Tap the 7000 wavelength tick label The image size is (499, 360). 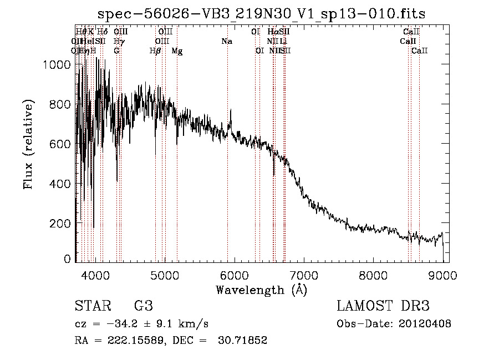tap(303, 274)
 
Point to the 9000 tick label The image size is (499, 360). tap(442, 274)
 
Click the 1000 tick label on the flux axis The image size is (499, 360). tap(55, 65)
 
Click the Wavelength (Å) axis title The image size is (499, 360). tap(261, 290)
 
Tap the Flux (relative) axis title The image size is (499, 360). tap(27, 144)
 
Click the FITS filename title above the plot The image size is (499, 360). tap(261, 13)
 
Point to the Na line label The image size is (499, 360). tap(226, 41)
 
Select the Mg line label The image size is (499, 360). tap(177, 51)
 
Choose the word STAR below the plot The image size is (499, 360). tap(90, 306)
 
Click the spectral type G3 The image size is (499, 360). tap(144, 306)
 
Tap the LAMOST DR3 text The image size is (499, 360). tap(383, 306)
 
